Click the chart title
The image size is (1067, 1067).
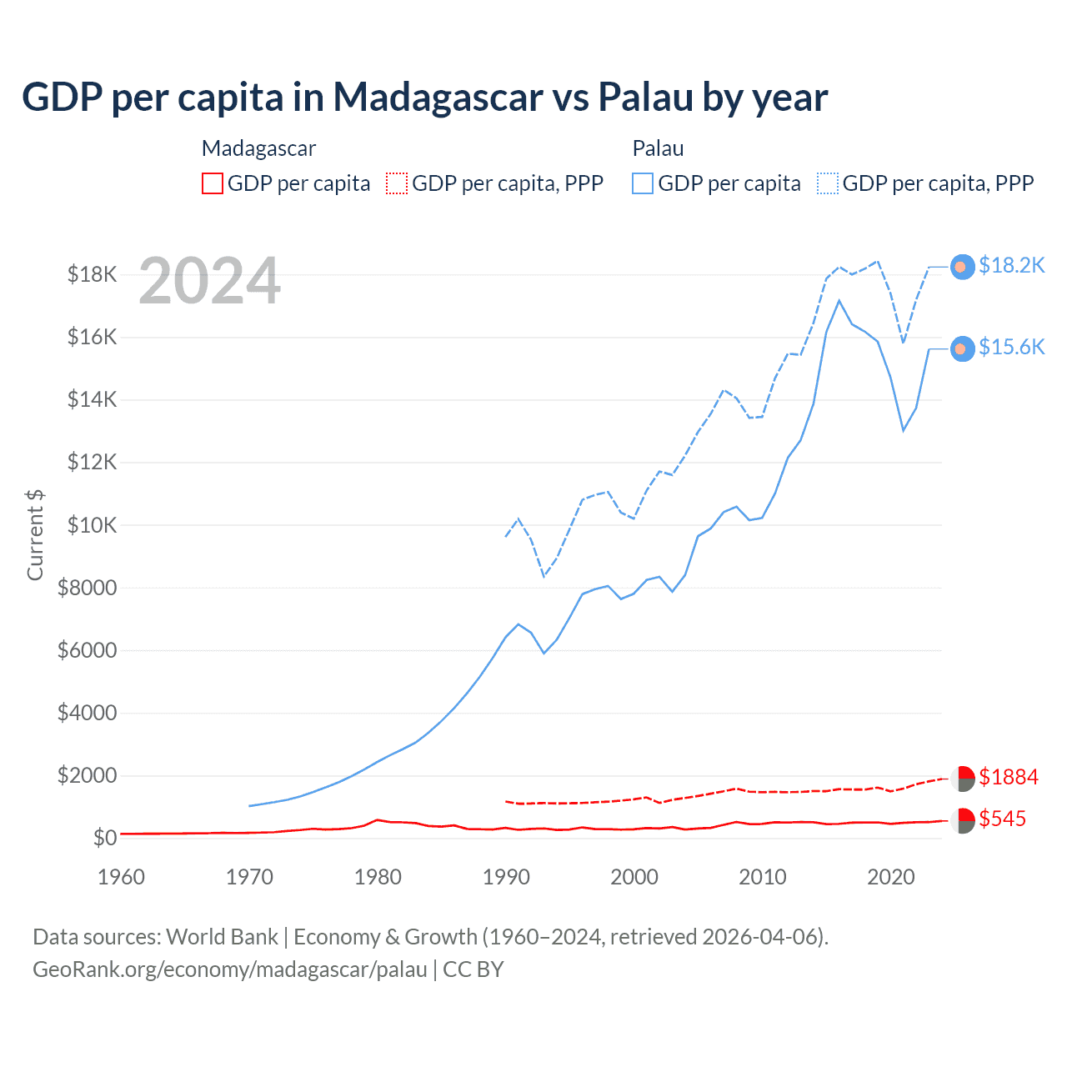(x=424, y=98)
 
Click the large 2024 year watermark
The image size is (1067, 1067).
(x=209, y=281)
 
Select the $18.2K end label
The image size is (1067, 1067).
(x=1011, y=265)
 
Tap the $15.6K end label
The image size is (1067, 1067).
(x=1011, y=347)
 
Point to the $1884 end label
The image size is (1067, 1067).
(x=1009, y=777)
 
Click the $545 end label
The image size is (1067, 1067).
(x=1002, y=819)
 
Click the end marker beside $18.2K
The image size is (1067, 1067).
(x=962, y=267)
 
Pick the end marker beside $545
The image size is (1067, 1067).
(x=963, y=820)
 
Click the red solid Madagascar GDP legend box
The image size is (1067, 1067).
(x=213, y=183)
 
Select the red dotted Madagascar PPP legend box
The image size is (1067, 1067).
(x=397, y=183)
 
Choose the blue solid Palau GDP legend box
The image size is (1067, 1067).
(x=643, y=183)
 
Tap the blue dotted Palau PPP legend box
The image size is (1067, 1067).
(x=828, y=183)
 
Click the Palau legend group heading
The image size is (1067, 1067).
(x=658, y=148)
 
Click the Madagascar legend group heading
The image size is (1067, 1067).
(x=258, y=148)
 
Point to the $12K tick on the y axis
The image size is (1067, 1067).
(x=93, y=462)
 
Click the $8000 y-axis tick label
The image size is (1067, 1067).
(x=87, y=588)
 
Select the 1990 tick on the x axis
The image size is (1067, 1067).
(x=506, y=877)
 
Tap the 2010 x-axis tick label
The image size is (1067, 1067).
(x=763, y=877)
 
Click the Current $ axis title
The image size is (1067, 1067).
(x=35, y=534)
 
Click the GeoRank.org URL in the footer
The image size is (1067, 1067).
(x=229, y=969)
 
